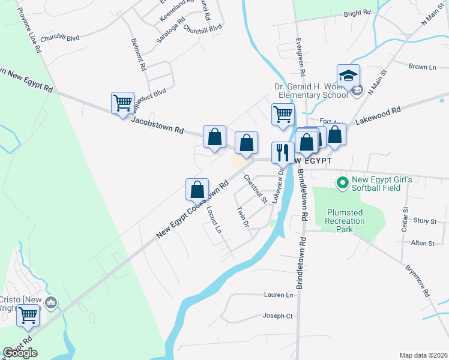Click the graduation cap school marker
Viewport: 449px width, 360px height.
pos(348,76)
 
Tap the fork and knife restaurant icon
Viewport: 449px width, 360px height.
pos(282,152)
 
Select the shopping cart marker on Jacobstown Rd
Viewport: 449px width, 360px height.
pos(122,103)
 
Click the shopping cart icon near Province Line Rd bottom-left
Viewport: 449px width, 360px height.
pos(28,314)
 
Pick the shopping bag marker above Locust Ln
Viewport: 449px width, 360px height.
pos(197,190)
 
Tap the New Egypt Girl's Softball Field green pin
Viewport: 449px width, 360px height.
pos(343,182)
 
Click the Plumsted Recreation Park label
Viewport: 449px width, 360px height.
pos(345,217)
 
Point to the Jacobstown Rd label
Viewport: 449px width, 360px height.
pos(157,123)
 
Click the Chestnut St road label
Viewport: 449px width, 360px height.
pos(255,188)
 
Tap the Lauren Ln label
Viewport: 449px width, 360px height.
pos(278,295)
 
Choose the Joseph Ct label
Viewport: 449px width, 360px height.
pos(277,316)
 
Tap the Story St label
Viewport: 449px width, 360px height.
pos(424,221)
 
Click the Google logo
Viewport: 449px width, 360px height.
pos(20,353)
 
